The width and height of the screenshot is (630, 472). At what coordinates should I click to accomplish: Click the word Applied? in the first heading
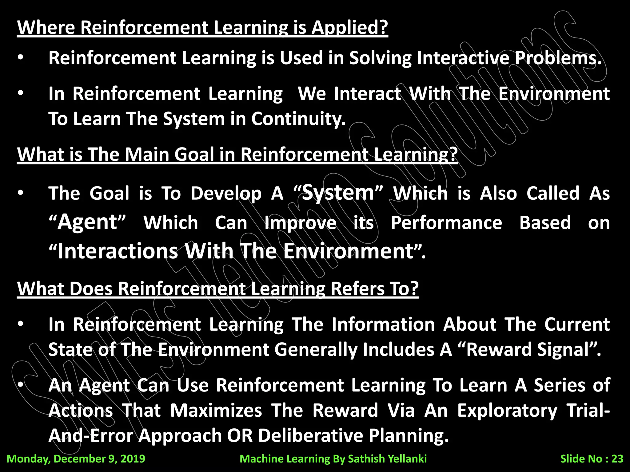349,28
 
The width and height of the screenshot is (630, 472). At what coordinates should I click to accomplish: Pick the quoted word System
338,193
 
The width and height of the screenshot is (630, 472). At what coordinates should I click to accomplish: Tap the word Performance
446,223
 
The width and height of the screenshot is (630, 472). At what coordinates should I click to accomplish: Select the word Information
383,324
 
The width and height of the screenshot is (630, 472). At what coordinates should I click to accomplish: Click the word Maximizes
216,411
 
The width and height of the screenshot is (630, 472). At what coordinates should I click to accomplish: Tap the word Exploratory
507,411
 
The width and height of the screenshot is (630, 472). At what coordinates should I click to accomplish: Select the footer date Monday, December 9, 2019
76,459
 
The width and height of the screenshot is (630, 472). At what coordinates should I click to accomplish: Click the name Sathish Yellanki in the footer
387,459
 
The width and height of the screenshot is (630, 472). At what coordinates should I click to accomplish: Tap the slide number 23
617,459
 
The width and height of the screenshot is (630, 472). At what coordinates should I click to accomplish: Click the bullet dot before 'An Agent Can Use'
21,385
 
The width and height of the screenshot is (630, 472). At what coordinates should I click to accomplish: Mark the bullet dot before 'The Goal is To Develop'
21,193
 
